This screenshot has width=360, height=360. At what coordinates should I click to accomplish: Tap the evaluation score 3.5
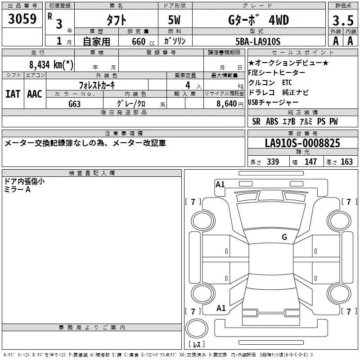click(x=342, y=20)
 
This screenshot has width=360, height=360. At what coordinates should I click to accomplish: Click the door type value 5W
click(x=175, y=20)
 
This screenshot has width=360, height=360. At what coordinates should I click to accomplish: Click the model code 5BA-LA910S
click(x=258, y=41)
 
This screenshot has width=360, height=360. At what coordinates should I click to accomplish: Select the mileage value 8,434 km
click(x=49, y=64)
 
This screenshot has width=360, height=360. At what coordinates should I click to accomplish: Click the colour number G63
click(x=75, y=103)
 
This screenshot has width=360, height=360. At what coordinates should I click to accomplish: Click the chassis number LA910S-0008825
click(x=302, y=143)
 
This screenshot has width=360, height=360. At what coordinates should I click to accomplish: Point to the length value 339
click(x=273, y=162)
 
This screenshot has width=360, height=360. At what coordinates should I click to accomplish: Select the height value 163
click(x=346, y=162)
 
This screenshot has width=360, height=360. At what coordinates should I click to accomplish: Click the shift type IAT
click(x=13, y=94)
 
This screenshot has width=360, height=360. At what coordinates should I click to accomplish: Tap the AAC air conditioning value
click(x=34, y=94)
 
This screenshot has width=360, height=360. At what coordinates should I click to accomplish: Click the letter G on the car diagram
click(x=284, y=237)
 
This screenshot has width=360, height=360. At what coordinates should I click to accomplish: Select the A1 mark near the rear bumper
click(x=221, y=308)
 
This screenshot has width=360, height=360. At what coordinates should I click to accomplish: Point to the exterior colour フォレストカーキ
click(x=97, y=85)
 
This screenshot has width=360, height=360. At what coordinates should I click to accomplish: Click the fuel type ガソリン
click(x=175, y=41)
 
